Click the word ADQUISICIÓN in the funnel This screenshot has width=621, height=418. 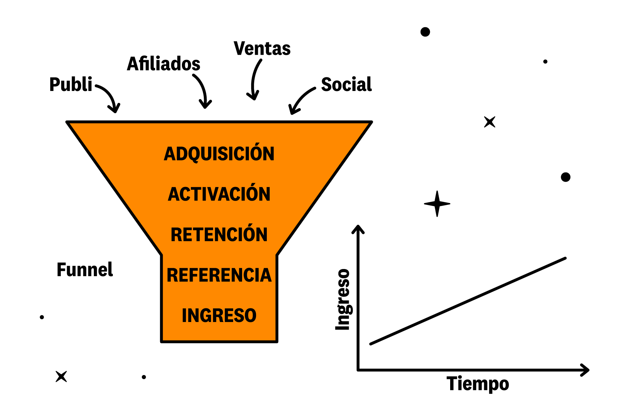point(219,153)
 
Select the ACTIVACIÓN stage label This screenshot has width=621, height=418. point(219,193)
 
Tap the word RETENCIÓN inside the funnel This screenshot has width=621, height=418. point(219,234)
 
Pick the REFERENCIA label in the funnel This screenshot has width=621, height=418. point(219,275)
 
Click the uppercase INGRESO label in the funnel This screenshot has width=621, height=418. point(219,315)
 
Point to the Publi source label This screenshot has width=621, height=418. point(71,85)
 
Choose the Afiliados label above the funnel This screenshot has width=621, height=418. point(164,64)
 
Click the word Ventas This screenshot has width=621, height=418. point(262,48)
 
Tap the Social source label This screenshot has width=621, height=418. point(346,85)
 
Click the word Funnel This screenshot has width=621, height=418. point(85,269)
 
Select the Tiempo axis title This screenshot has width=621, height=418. point(478,384)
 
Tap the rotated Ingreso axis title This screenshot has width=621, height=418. point(343,299)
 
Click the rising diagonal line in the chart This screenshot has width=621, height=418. point(468,301)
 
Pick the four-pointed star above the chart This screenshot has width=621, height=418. point(437,204)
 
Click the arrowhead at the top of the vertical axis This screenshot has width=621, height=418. point(358,229)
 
